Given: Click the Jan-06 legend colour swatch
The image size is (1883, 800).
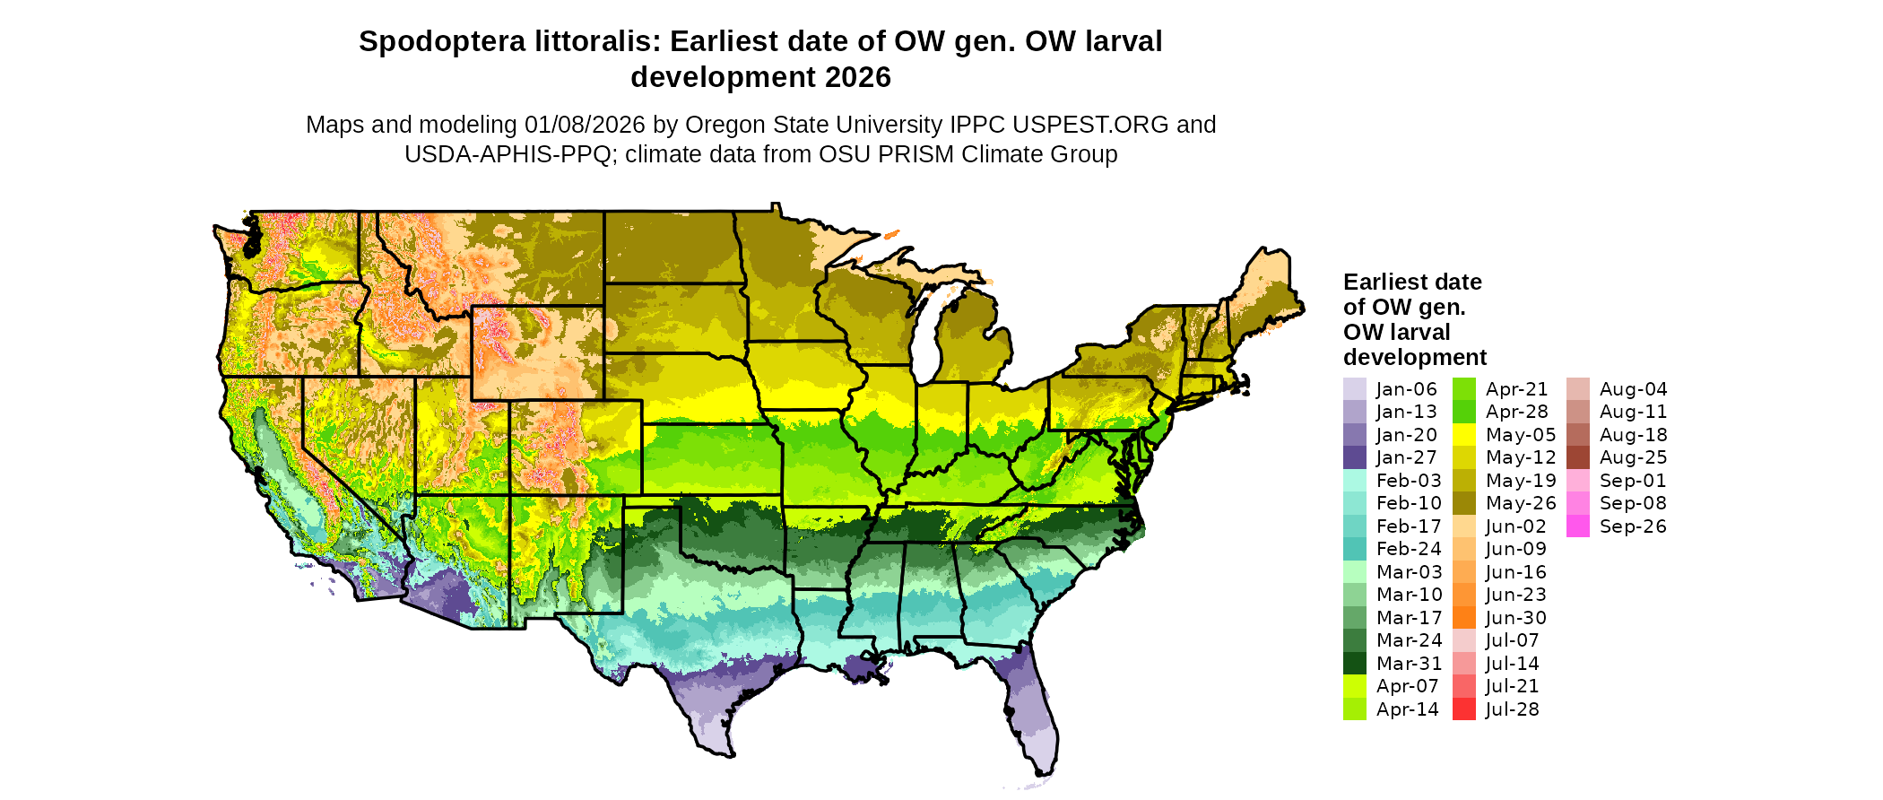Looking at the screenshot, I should coord(1354,389).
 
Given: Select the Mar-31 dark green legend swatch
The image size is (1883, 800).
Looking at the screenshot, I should coord(1354,664).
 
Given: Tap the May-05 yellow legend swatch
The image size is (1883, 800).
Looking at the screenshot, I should coord(1463,435).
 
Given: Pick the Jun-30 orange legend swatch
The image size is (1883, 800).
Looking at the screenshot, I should coord(1463,618).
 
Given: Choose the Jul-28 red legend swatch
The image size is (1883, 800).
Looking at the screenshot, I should coord(1463,709).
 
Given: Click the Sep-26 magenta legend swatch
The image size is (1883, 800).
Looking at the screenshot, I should coord(1577,526).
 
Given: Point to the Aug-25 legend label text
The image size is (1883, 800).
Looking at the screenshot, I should coord(1633,457).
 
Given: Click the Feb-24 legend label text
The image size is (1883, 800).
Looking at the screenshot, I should coord(1409,549).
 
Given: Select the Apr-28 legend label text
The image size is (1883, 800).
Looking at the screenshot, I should coord(1517,412).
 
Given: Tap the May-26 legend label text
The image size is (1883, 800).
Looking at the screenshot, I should coord(1521,503).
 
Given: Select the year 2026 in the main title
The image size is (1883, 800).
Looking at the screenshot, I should coord(858,77).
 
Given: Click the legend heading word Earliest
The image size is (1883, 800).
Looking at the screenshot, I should coord(1385,282).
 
